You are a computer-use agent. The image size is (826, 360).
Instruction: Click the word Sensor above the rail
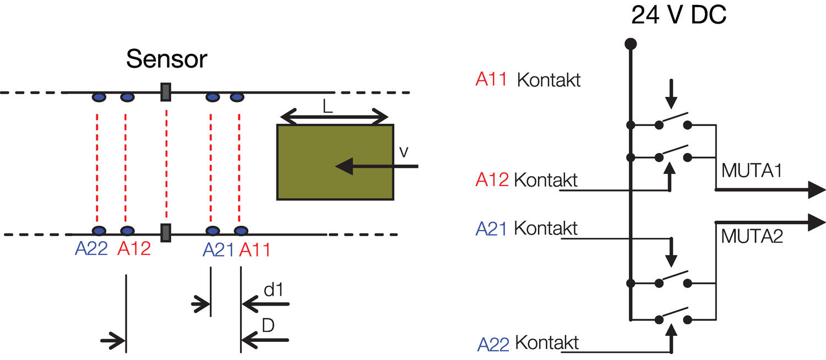(166, 59)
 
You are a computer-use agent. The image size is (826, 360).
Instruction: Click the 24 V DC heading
(678, 16)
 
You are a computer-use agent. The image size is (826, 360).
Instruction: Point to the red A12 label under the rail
(134, 250)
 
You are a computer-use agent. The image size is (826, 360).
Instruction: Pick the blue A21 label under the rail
(219, 250)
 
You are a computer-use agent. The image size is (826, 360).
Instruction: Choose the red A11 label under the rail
(254, 250)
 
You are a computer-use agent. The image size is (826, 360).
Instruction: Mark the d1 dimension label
(273, 290)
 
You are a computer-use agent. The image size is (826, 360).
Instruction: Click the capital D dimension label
(268, 325)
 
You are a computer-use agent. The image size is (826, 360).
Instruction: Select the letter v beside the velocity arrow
(404, 152)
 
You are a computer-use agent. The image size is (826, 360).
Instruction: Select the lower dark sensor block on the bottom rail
(165, 233)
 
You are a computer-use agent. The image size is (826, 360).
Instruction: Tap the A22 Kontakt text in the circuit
(528, 343)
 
